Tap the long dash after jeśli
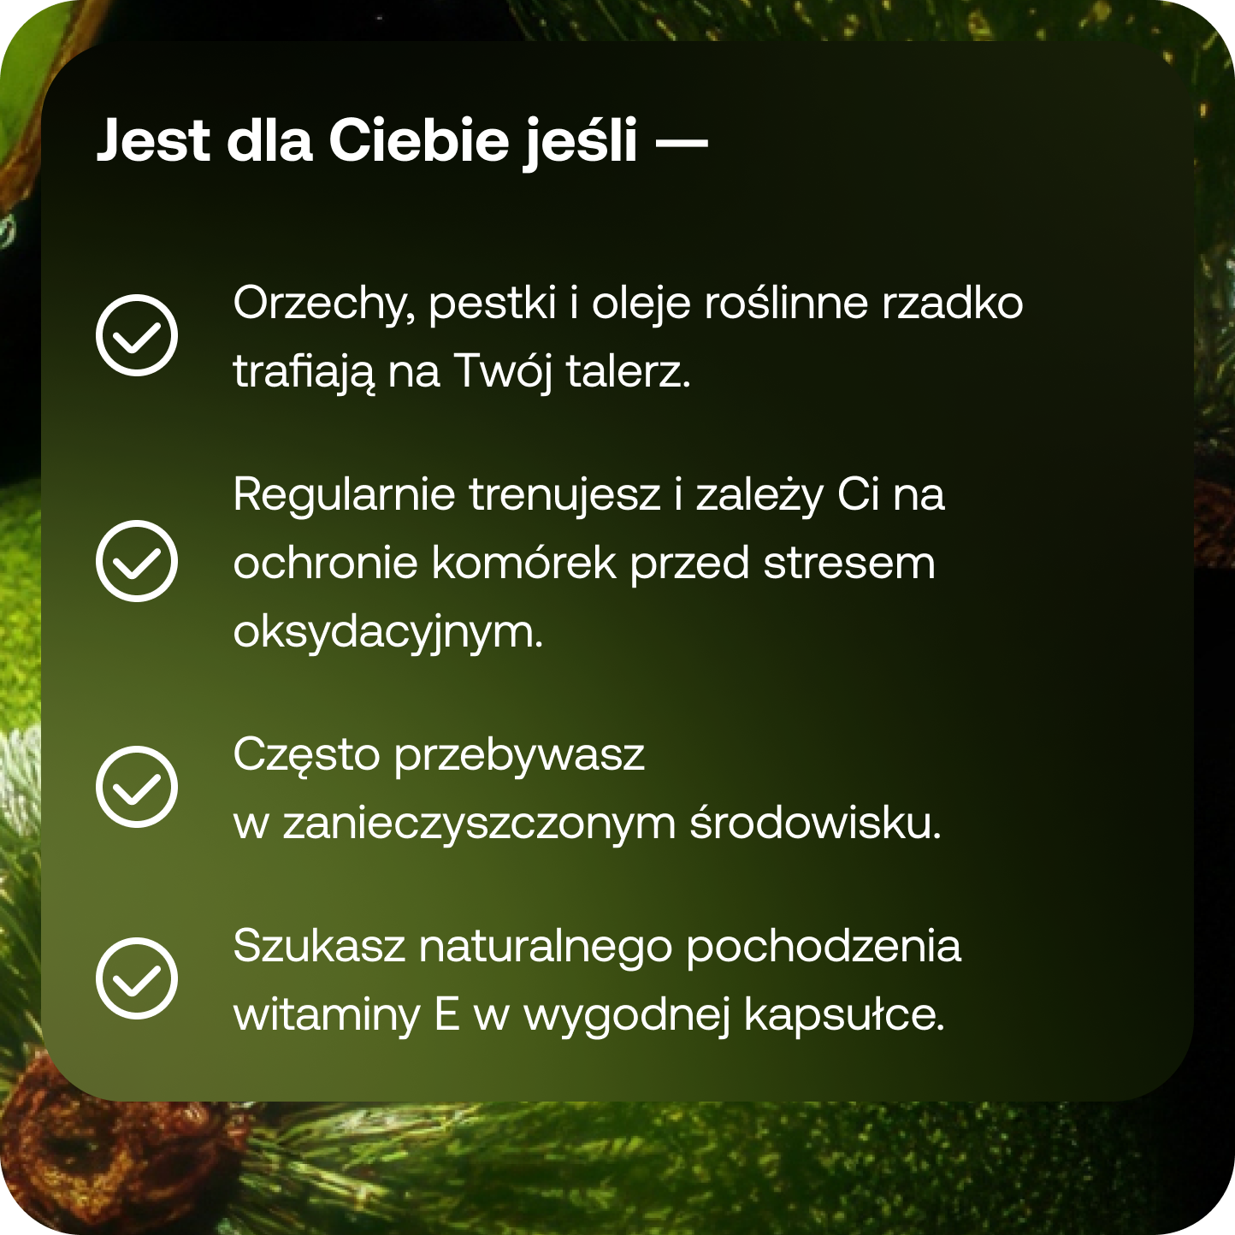point(682,142)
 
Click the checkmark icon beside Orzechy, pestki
point(137,334)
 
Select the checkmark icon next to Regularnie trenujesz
point(137,561)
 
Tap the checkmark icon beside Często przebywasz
point(137,786)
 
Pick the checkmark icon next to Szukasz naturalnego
point(137,978)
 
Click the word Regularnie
point(344,494)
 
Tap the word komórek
point(523,563)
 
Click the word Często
point(306,756)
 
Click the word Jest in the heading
point(152,140)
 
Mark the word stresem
point(849,563)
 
